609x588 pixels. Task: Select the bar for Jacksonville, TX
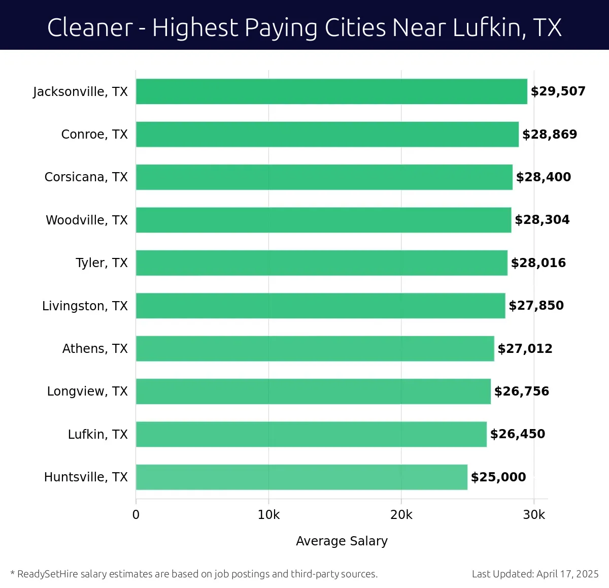331,91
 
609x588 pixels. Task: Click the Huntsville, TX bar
301,477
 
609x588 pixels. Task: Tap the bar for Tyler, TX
322,263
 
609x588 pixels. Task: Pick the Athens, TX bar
315,349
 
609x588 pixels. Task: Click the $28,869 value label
550,135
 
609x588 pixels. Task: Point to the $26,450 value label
518,434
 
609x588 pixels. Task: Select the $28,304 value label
542,220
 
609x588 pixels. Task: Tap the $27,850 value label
536,306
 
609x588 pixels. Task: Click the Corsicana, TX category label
86,177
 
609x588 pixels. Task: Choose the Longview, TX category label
87,391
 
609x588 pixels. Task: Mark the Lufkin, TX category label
97,435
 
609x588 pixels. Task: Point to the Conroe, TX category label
94,135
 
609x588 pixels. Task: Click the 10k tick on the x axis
268,515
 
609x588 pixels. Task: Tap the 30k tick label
534,515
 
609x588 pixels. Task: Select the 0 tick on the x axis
136,515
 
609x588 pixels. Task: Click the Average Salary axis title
342,541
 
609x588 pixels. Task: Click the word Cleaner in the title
90,27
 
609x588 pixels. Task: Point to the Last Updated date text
535,574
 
